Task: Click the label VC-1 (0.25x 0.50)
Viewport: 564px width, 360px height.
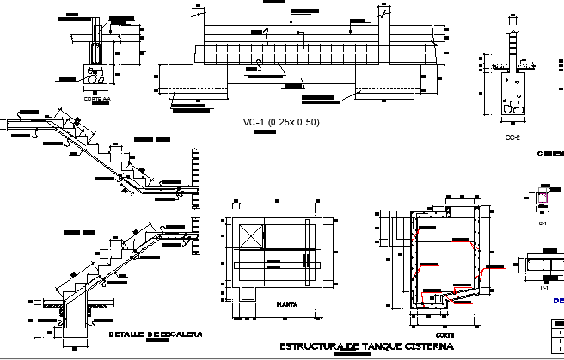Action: click(x=280, y=123)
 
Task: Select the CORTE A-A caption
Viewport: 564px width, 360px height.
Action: click(x=97, y=99)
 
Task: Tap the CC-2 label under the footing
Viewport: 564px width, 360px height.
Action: click(x=512, y=136)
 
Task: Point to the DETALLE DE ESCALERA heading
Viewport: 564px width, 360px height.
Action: click(x=156, y=333)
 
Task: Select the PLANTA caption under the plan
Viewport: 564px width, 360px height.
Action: click(x=286, y=304)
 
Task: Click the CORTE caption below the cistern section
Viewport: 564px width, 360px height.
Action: click(x=444, y=335)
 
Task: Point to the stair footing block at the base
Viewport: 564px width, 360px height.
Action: click(x=72, y=326)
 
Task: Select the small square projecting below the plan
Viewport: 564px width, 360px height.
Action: click(x=248, y=294)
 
